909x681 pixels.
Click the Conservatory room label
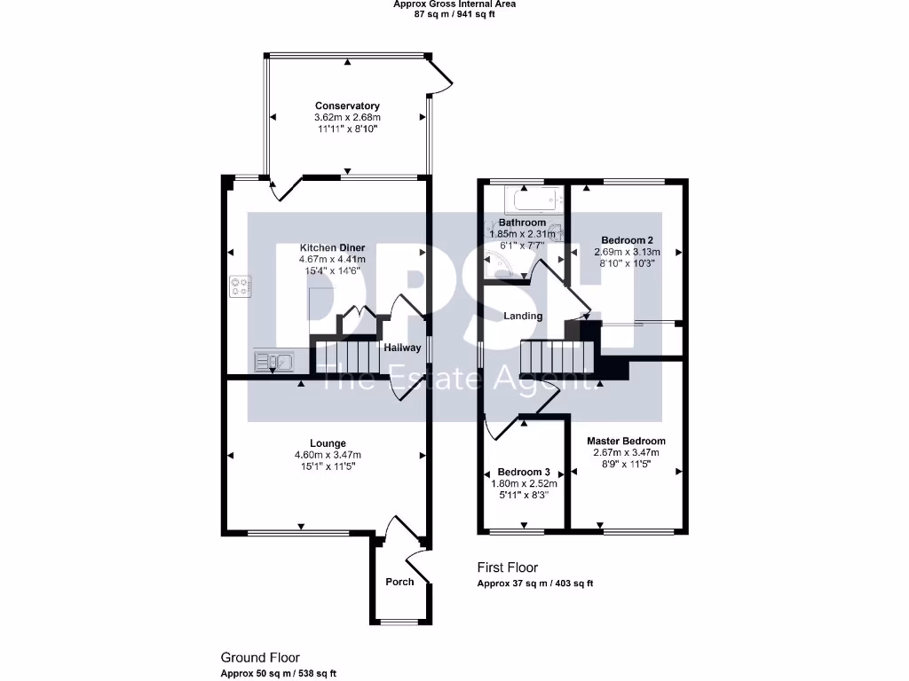(x=347, y=106)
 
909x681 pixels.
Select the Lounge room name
(x=328, y=443)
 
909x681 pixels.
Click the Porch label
(x=399, y=582)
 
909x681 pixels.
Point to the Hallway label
(x=401, y=348)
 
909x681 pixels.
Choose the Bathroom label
(x=521, y=222)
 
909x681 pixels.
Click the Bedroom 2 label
(x=627, y=239)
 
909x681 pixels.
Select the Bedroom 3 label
(x=524, y=472)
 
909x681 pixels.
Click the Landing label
(x=523, y=316)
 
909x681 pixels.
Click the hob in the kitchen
(x=240, y=286)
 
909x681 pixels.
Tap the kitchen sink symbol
(x=273, y=361)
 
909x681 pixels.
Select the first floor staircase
(x=555, y=358)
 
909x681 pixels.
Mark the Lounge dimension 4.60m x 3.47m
(x=328, y=455)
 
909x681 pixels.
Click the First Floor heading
(x=507, y=567)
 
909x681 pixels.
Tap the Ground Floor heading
(x=260, y=658)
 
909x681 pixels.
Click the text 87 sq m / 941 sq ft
(x=454, y=14)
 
